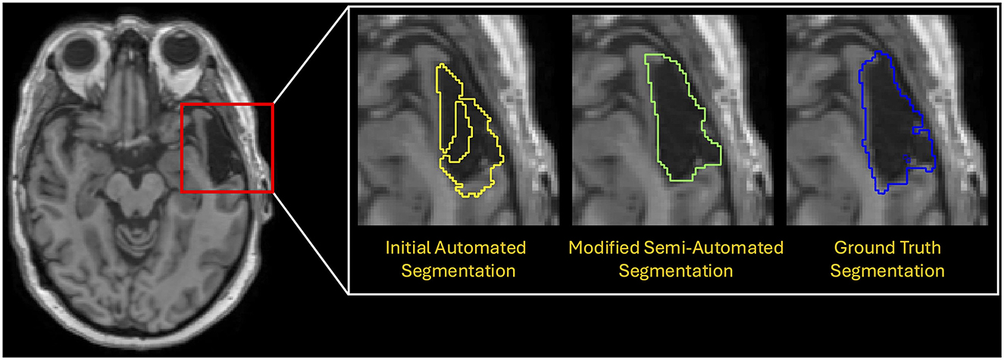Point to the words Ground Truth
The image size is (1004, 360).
(887, 248)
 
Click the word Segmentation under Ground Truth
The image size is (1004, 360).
(887, 270)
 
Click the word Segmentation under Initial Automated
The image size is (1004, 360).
(455, 270)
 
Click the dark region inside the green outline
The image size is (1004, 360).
(674, 129)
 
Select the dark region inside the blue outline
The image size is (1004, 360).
(887, 129)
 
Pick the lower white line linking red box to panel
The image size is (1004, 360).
(309, 243)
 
